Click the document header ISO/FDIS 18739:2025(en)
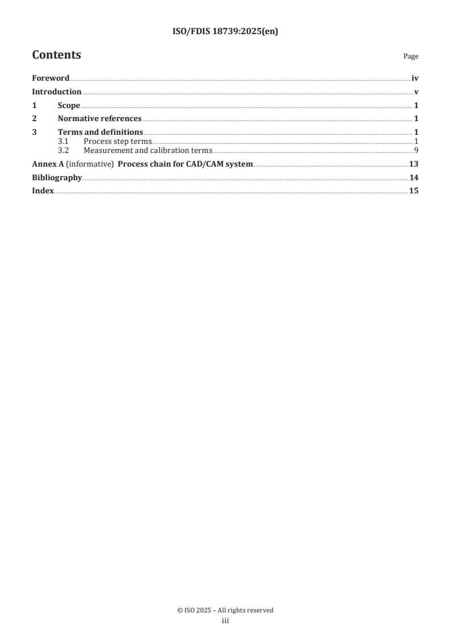click(225, 32)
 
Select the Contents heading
click(56, 55)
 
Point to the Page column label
click(411, 57)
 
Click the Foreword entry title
click(51, 78)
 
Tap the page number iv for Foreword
click(415, 78)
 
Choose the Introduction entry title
click(57, 92)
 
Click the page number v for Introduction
click(416, 92)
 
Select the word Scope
click(69, 105)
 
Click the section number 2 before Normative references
click(34, 119)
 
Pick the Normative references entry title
click(100, 119)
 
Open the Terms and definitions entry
click(101, 132)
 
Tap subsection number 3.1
click(64, 141)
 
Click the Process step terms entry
click(118, 141)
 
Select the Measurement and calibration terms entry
click(148, 151)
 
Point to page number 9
click(416, 151)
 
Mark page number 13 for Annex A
click(414, 164)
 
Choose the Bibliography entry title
click(57, 178)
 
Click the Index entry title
click(43, 191)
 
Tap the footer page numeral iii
click(225, 622)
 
